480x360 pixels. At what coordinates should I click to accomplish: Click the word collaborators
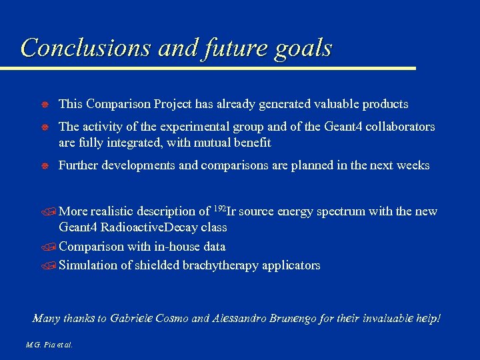pos(398,127)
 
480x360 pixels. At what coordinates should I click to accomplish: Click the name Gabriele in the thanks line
pos(131,319)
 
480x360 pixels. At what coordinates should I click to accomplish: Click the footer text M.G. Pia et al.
pos(49,345)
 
